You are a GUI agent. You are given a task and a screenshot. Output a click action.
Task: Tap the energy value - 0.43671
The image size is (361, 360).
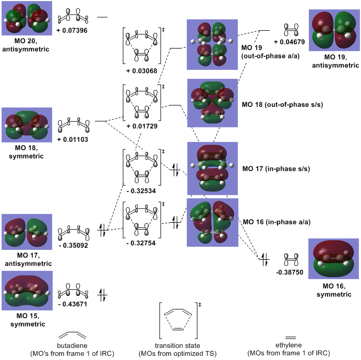73,303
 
